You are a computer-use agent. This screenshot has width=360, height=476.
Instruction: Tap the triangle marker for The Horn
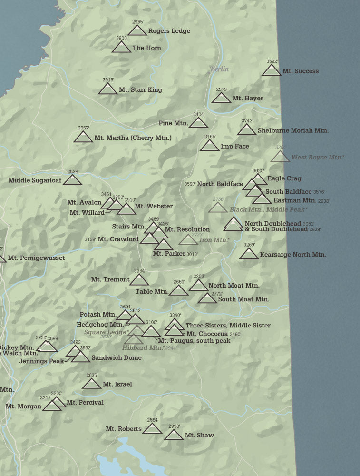tap(121, 47)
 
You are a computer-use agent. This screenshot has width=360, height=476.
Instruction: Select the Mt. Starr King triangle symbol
tap(107, 89)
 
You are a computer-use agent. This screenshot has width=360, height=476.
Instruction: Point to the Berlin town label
tap(219, 69)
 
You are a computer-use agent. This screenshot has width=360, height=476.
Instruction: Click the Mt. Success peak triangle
tap(272, 70)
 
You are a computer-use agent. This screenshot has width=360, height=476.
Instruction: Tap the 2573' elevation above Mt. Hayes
tap(222, 89)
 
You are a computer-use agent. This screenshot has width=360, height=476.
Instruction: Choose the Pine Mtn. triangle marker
tap(198, 123)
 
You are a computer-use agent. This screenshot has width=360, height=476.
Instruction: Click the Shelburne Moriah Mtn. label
tap(293, 130)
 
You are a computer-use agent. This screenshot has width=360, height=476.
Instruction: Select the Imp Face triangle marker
tap(209, 146)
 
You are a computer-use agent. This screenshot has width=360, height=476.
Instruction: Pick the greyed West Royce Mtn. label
tap(318, 158)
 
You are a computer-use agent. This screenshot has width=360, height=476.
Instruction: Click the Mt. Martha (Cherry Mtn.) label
tap(133, 138)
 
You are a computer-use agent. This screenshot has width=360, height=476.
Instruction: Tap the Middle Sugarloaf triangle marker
tap(72, 180)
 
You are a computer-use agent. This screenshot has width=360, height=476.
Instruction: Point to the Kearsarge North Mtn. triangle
tap(249, 254)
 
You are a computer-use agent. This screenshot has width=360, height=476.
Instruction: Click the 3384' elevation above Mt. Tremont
tap(139, 271)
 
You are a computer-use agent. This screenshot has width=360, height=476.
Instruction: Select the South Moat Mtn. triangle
tap(207, 298)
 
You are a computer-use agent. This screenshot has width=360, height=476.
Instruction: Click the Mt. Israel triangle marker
tap(91, 384)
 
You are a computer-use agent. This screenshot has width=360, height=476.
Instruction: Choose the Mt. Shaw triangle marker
tap(174, 435)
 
